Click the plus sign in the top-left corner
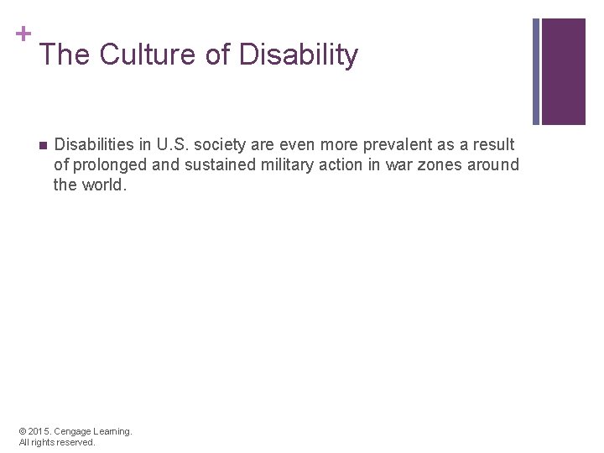point(23,34)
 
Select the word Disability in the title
point(299,55)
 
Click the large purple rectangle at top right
point(564,71)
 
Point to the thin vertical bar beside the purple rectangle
point(536,71)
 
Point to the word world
point(104,185)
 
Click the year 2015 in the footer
point(39,431)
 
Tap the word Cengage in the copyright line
point(73,431)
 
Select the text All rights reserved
point(56,442)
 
